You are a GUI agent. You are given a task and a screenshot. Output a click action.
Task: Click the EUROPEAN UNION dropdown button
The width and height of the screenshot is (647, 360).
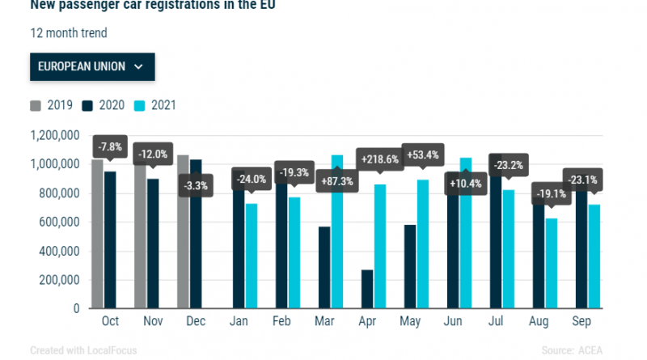pos(91,66)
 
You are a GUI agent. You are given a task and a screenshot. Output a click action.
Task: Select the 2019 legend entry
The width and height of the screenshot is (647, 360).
pos(52,105)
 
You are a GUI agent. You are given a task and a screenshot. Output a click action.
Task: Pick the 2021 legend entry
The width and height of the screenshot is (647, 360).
pos(156,105)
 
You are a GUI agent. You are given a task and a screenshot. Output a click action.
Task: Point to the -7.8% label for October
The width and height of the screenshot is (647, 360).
pos(109,147)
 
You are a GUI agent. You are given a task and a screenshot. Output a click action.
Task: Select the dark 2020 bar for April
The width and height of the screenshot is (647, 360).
pos(367,289)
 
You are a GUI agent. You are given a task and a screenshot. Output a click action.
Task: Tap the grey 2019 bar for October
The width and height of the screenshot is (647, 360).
pos(98,234)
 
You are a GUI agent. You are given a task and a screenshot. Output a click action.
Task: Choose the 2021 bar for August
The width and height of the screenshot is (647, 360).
pos(552,263)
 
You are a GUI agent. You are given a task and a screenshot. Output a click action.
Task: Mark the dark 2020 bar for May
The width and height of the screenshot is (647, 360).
pos(410,267)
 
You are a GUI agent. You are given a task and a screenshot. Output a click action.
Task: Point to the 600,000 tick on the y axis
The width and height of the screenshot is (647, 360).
pos(55,222)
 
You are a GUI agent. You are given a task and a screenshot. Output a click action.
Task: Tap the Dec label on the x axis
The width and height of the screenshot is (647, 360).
pos(195,322)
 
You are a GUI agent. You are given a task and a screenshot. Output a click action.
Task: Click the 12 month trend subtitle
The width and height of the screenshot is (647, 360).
pos(68,34)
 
